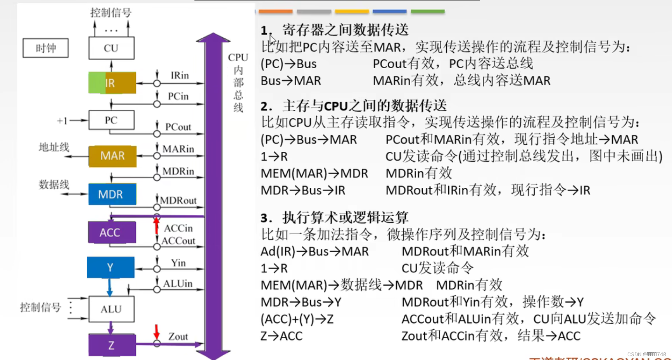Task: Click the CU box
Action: pyautogui.click(x=111, y=48)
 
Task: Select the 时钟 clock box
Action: pyautogui.click(x=45, y=48)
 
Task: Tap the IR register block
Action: pyautogui.click(x=112, y=83)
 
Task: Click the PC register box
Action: pyautogui.click(x=111, y=120)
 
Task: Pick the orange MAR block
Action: pyautogui.click(x=112, y=156)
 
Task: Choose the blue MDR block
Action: pyautogui.click(x=112, y=194)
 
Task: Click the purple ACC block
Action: pyautogui.click(x=112, y=232)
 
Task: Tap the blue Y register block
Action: pyautogui.click(x=111, y=267)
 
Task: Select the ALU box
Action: pyautogui.click(x=111, y=309)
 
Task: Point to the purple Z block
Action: pyautogui.click(x=112, y=345)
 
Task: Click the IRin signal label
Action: pyautogui.click(x=180, y=75)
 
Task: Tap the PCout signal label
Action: pyautogui.click(x=178, y=127)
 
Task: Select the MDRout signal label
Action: pyautogui.click(x=178, y=201)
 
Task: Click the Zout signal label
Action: pyautogui.click(x=178, y=336)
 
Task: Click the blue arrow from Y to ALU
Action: pyautogui.click(x=110, y=288)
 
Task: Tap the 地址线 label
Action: pyautogui.click(x=54, y=147)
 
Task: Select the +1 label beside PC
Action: pyautogui.click(x=62, y=121)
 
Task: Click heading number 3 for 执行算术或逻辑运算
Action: pyautogui.click(x=266, y=218)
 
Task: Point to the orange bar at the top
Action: pyautogui.click(x=275, y=12)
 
